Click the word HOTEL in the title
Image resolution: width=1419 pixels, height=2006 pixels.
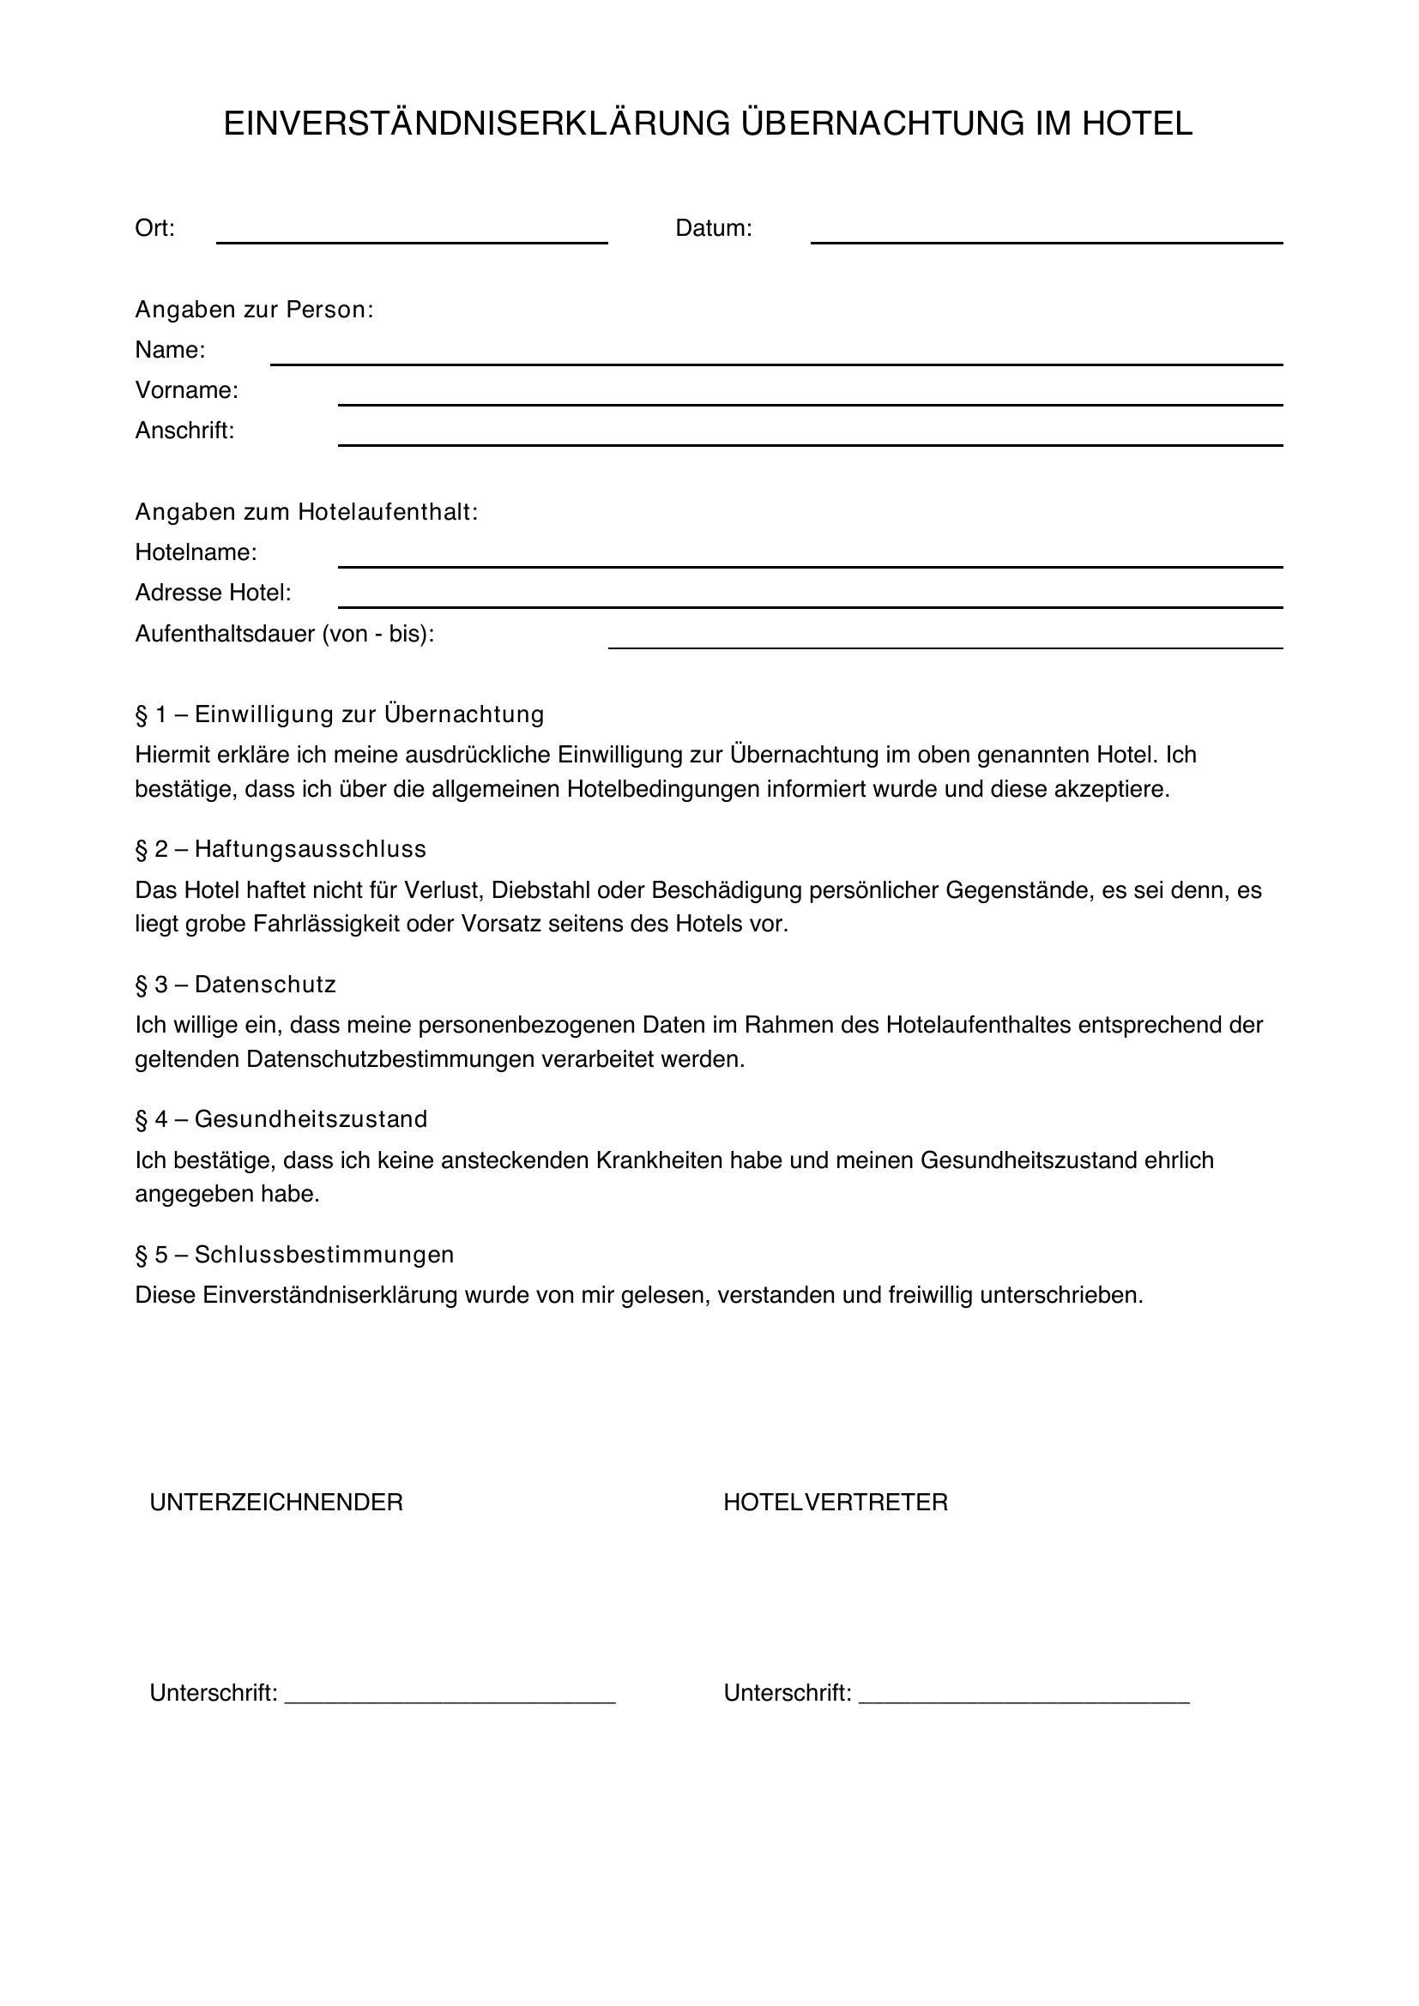1137,124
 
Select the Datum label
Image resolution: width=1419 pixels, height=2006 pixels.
713,229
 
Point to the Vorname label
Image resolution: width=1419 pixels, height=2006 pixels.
186,390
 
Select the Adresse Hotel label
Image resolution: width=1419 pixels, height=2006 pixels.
212,593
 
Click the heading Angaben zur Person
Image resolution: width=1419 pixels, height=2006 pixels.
253,310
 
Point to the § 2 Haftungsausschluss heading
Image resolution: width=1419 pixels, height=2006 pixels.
281,849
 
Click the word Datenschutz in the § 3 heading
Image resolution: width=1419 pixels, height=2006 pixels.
265,985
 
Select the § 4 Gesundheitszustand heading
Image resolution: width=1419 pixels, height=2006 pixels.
281,1119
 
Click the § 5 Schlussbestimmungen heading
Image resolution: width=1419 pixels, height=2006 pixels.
294,1255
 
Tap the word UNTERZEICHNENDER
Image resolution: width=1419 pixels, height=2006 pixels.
276,1503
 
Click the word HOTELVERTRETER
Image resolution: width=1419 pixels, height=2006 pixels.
836,1503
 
